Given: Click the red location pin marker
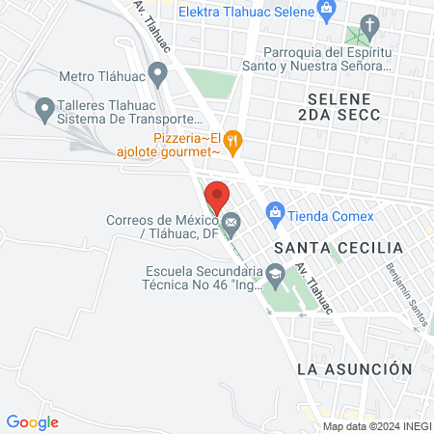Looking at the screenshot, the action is pyautogui.click(x=218, y=195).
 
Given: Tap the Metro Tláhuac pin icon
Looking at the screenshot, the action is pyautogui.click(x=159, y=74).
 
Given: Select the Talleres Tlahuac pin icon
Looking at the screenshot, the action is pyautogui.click(x=43, y=111).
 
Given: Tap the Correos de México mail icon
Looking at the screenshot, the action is pyautogui.click(x=231, y=225).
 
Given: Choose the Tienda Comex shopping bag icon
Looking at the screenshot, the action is pyautogui.click(x=275, y=210).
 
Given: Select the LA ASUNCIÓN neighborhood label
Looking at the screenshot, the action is pyautogui.click(x=354, y=369).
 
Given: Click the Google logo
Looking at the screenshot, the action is pyautogui.click(x=33, y=421).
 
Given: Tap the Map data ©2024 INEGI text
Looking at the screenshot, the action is pyautogui.click(x=376, y=426).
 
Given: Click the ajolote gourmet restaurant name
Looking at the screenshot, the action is pyautogui.click(x=168, y=151).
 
